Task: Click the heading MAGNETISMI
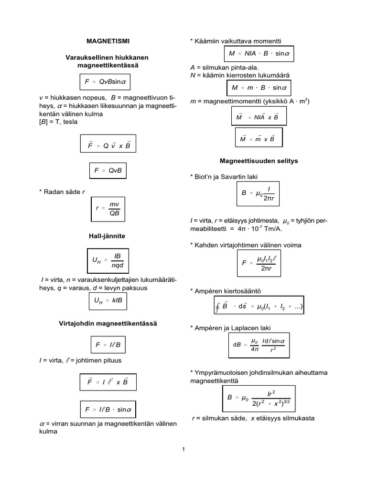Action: pos(108,41)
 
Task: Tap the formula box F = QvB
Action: pos(108,170)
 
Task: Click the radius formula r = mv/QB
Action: pos(108,209)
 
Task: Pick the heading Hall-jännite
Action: pos(108,236)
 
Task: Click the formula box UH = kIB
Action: pos(108,301)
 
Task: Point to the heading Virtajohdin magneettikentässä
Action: pos(108,323)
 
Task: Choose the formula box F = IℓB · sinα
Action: pos(108,409)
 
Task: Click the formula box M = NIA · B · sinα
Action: pos(259,54)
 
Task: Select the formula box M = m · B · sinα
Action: pos(259,88)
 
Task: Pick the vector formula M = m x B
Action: pos(258,139)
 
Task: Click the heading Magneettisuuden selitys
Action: pos(259,161)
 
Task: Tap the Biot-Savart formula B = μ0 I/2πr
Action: pos(259,193)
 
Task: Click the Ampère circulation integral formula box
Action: pos(259,307)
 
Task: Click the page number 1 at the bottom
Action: pos(183,449)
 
